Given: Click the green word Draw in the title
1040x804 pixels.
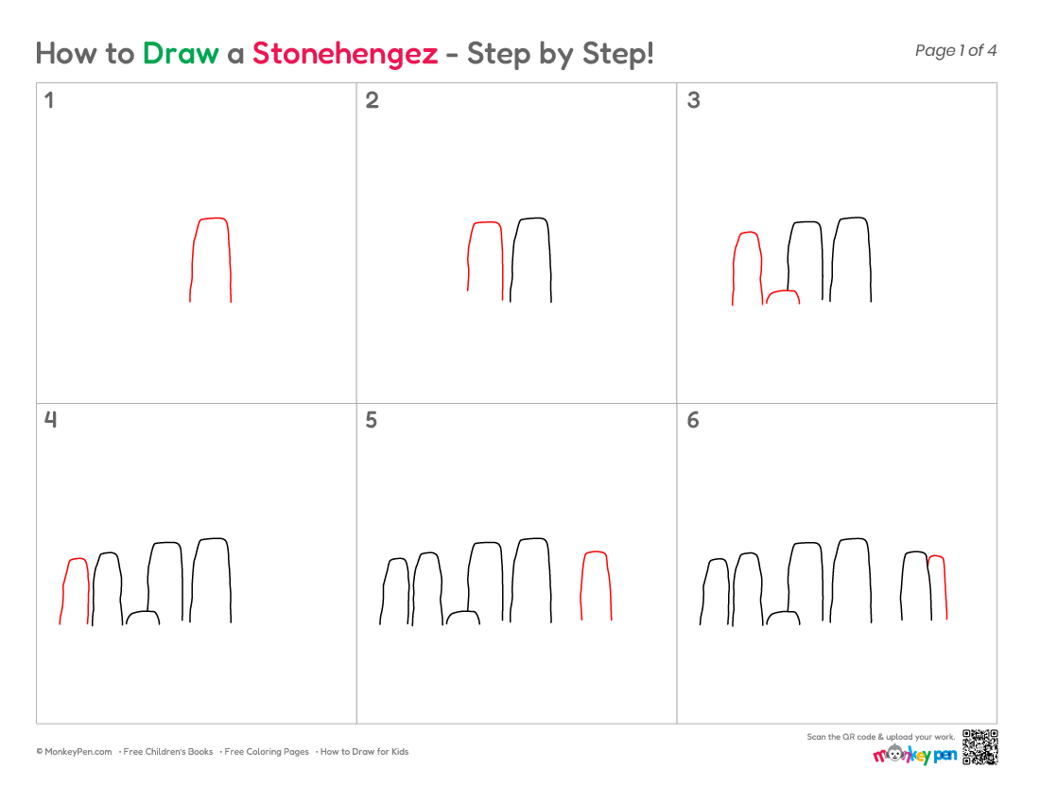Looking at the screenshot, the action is point(181,54).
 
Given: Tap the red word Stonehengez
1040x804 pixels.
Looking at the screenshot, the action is point(345,54).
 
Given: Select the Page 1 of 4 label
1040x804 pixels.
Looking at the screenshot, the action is point(955,50).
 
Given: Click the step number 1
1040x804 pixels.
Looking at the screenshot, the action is point(48,100).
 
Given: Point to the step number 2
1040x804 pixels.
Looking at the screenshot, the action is point(373,100).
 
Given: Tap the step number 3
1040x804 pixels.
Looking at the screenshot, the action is point(693,100).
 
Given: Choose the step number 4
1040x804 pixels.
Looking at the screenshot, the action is point(50,419).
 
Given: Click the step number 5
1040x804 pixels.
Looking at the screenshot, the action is point(372,420).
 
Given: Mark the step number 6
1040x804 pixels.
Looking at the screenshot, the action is point(693,420).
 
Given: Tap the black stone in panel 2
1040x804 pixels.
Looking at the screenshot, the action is point(549,259).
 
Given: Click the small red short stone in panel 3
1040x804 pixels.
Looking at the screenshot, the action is point(784,291).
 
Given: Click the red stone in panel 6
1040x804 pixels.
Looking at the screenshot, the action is point(945,587).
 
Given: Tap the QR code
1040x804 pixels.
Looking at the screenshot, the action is point(979,747).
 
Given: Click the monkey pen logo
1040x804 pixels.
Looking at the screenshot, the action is point(915,754).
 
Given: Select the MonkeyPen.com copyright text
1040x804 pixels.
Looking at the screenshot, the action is point(75,752).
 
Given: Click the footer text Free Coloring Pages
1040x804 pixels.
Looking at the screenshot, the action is point(267,752).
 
